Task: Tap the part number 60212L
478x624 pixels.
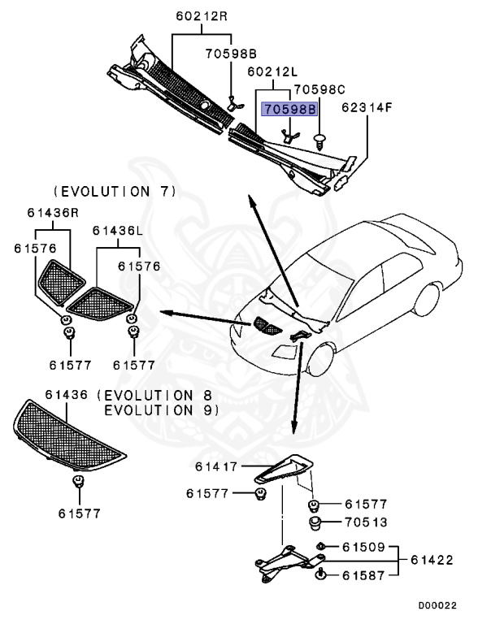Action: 272,72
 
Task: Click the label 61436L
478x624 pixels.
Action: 117,232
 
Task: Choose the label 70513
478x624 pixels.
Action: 366,522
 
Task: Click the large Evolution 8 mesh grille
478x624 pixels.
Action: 69,440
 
